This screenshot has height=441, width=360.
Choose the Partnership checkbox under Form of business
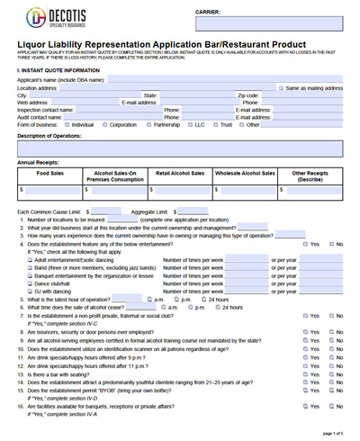(149, 124)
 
